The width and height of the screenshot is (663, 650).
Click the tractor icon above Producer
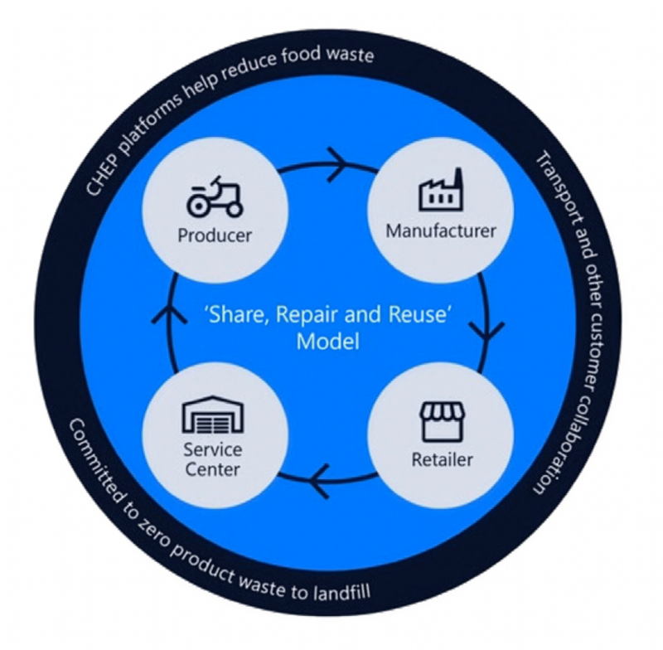pyautogui.click(x=215, y=196)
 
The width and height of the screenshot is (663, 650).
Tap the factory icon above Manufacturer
pyautogui.click(x=440, y=191)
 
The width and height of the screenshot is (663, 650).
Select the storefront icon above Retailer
pyautogui.click(x=440, y=422)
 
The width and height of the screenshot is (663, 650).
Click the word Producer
pyautogui.click(x=215, y=235)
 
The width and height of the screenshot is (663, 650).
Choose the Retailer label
pyautogui.click(x=441, y=458)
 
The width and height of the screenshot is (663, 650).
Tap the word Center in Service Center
pyautogui.click(x=214, y=470)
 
